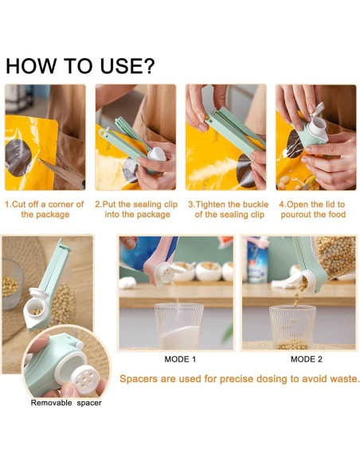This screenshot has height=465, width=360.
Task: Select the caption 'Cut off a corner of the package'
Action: pyautogui.click(x=44, y=209)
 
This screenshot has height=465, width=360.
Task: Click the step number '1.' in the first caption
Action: pyautogui.click(x=9, y=204)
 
